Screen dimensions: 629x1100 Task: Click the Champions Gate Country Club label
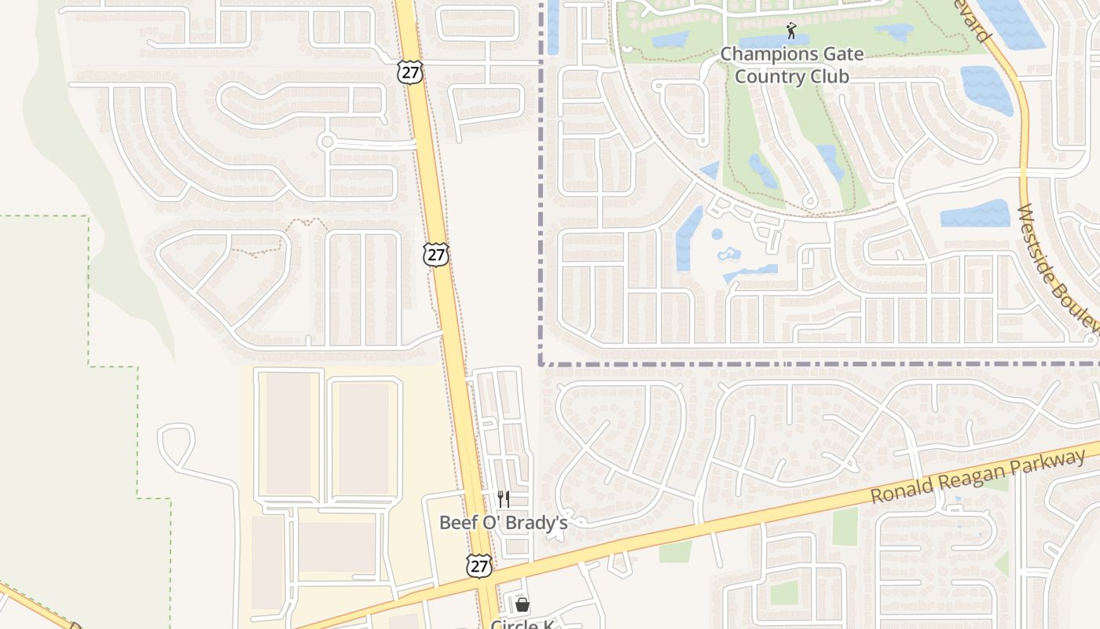click(x=791, y=65)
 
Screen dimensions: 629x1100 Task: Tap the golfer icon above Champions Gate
click(x=791, y=31)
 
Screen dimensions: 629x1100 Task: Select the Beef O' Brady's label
click(x=503, y=522)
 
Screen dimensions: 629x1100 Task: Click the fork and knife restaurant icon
click(x=503, y=498)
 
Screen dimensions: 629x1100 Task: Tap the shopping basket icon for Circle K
click(x=522, y=605)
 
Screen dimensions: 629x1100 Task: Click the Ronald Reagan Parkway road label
click(x=978, y=477)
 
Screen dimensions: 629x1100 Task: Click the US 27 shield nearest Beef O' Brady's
click(x=478, y=565)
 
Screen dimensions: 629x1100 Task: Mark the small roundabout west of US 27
click(x=327, y=142)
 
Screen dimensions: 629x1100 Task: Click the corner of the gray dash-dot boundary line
click(x=541, y=364)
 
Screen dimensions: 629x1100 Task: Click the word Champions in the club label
click(x=768, y=54)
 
